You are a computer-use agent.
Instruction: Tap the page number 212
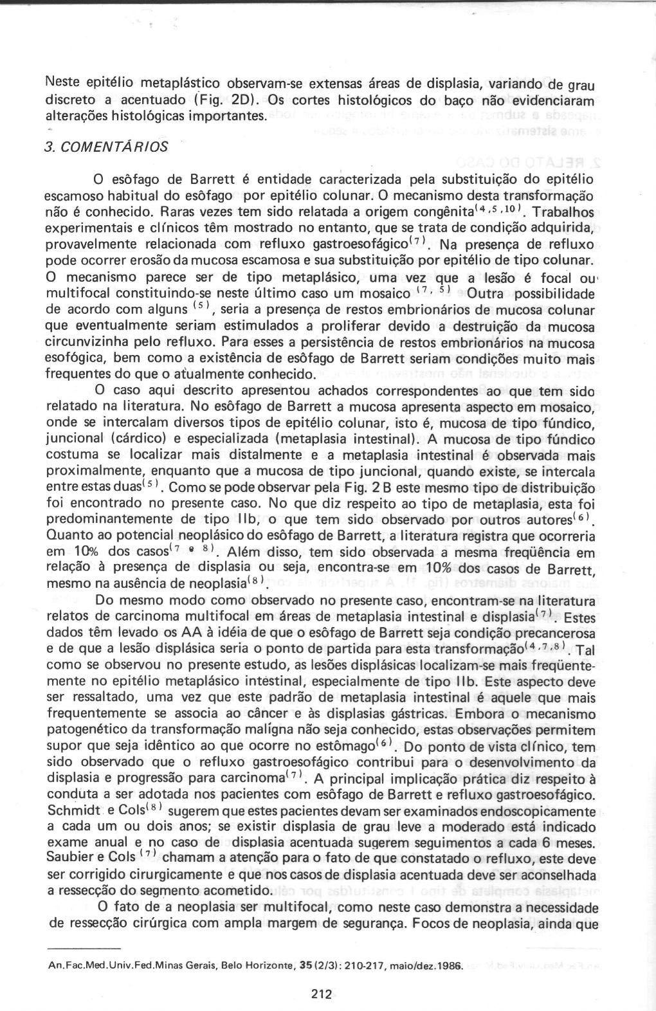[x=320, y=994]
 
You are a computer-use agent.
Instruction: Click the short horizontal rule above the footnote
[x=84, y=949]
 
